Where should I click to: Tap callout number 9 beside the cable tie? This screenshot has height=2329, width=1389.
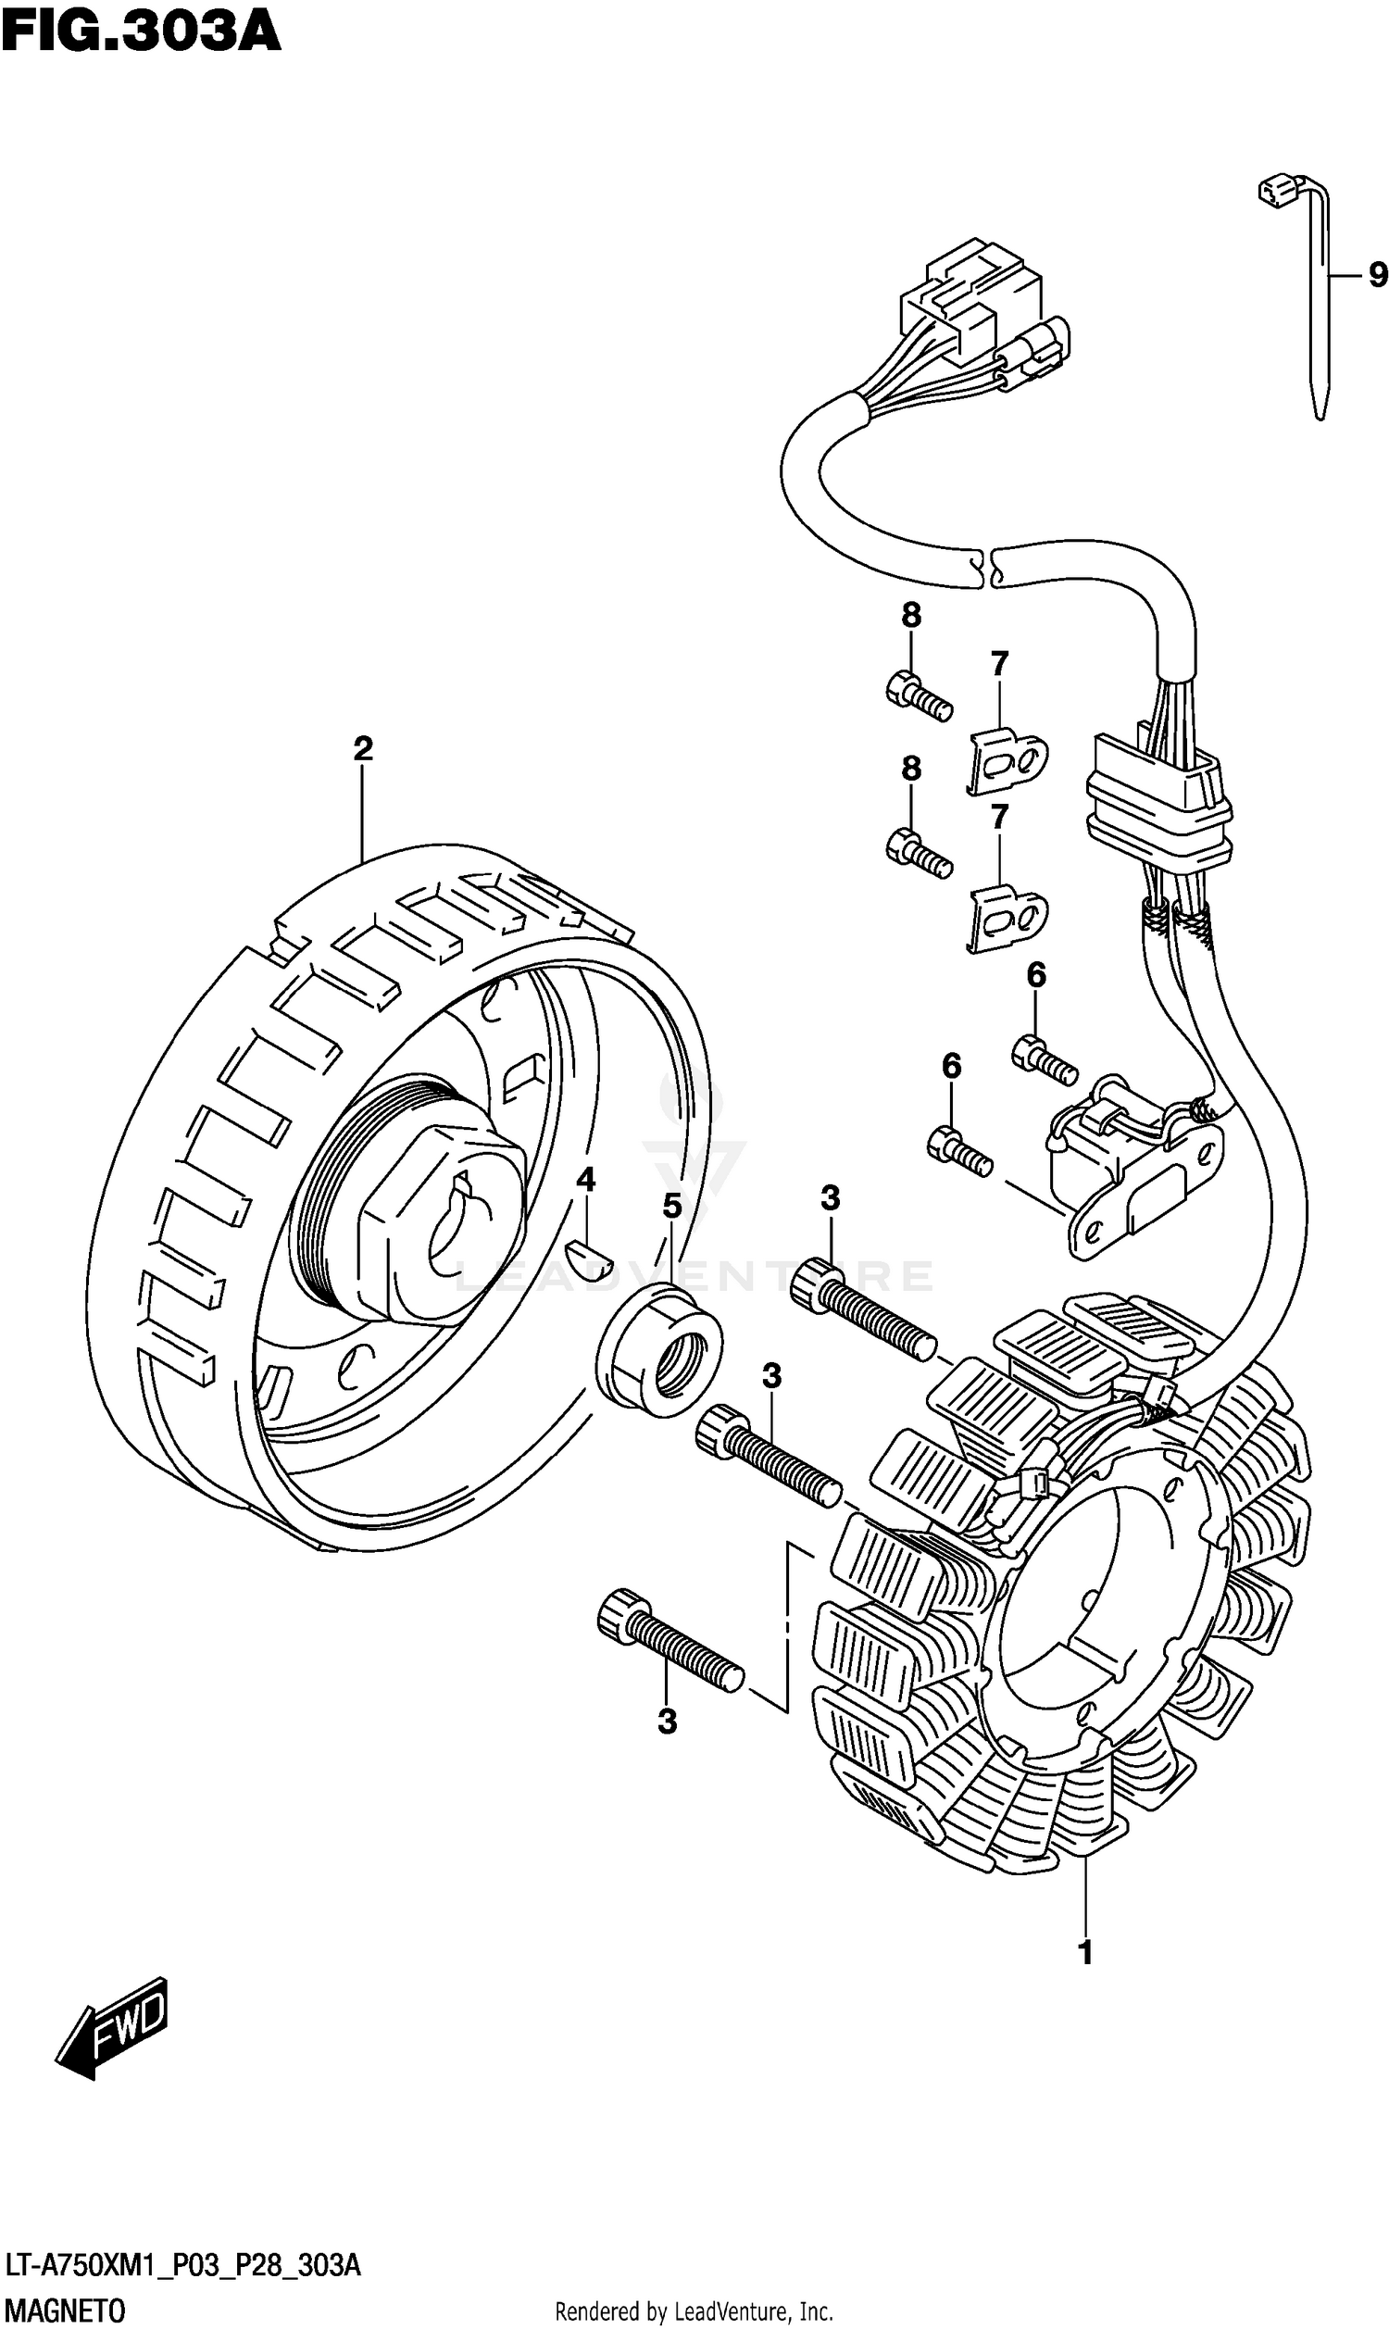(x=1377, y=275)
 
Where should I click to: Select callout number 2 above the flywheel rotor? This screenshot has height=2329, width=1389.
(x=363, y=747)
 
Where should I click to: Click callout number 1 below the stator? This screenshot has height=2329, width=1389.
(x=1086, y=1953)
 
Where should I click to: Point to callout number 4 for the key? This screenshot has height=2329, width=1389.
(x=585, y=1180)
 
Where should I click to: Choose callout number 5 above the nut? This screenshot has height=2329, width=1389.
(x=672, y=1207)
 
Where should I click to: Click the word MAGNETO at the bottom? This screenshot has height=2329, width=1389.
(x=64, y=2310)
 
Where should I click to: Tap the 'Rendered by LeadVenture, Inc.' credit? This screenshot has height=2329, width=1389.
(x=694, y=2311)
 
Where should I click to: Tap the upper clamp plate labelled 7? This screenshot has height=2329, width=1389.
(x=1007, y=759)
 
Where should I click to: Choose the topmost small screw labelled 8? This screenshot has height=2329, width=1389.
(x=919, y=696)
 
